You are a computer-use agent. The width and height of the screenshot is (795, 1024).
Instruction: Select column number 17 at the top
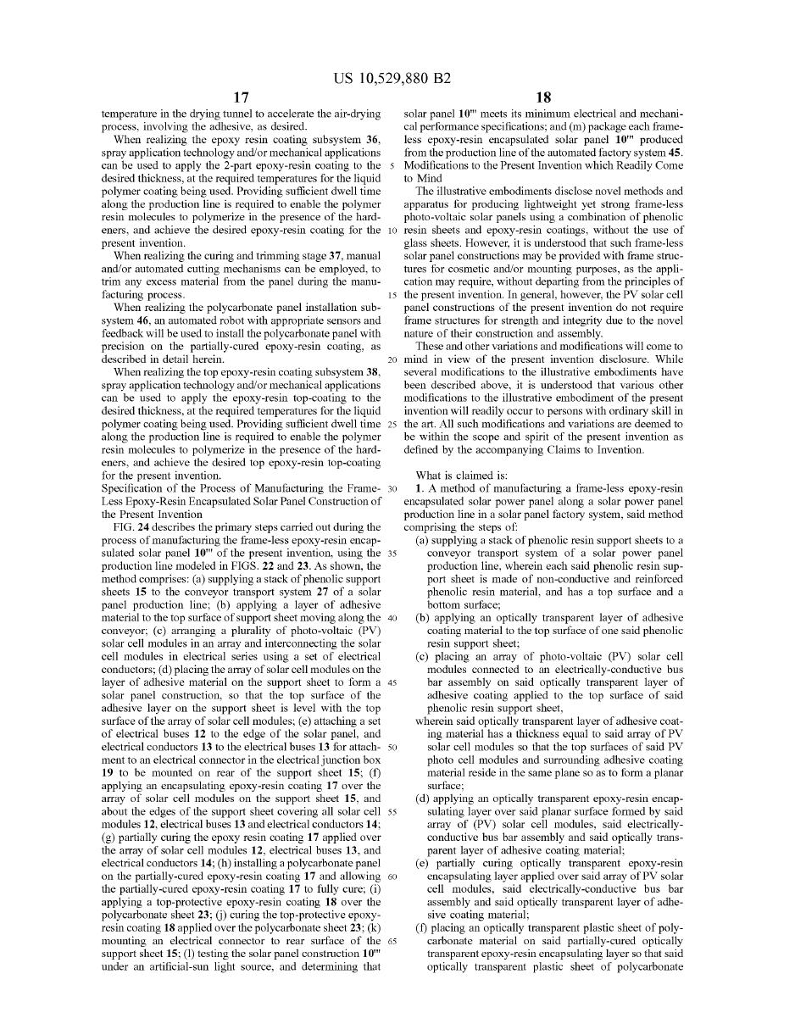(x=241, y=97)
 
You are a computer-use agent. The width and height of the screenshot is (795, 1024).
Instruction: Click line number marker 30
(x=392, y=489)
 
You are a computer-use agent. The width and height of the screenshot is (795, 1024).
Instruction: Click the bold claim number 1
(x=419, y=489)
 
